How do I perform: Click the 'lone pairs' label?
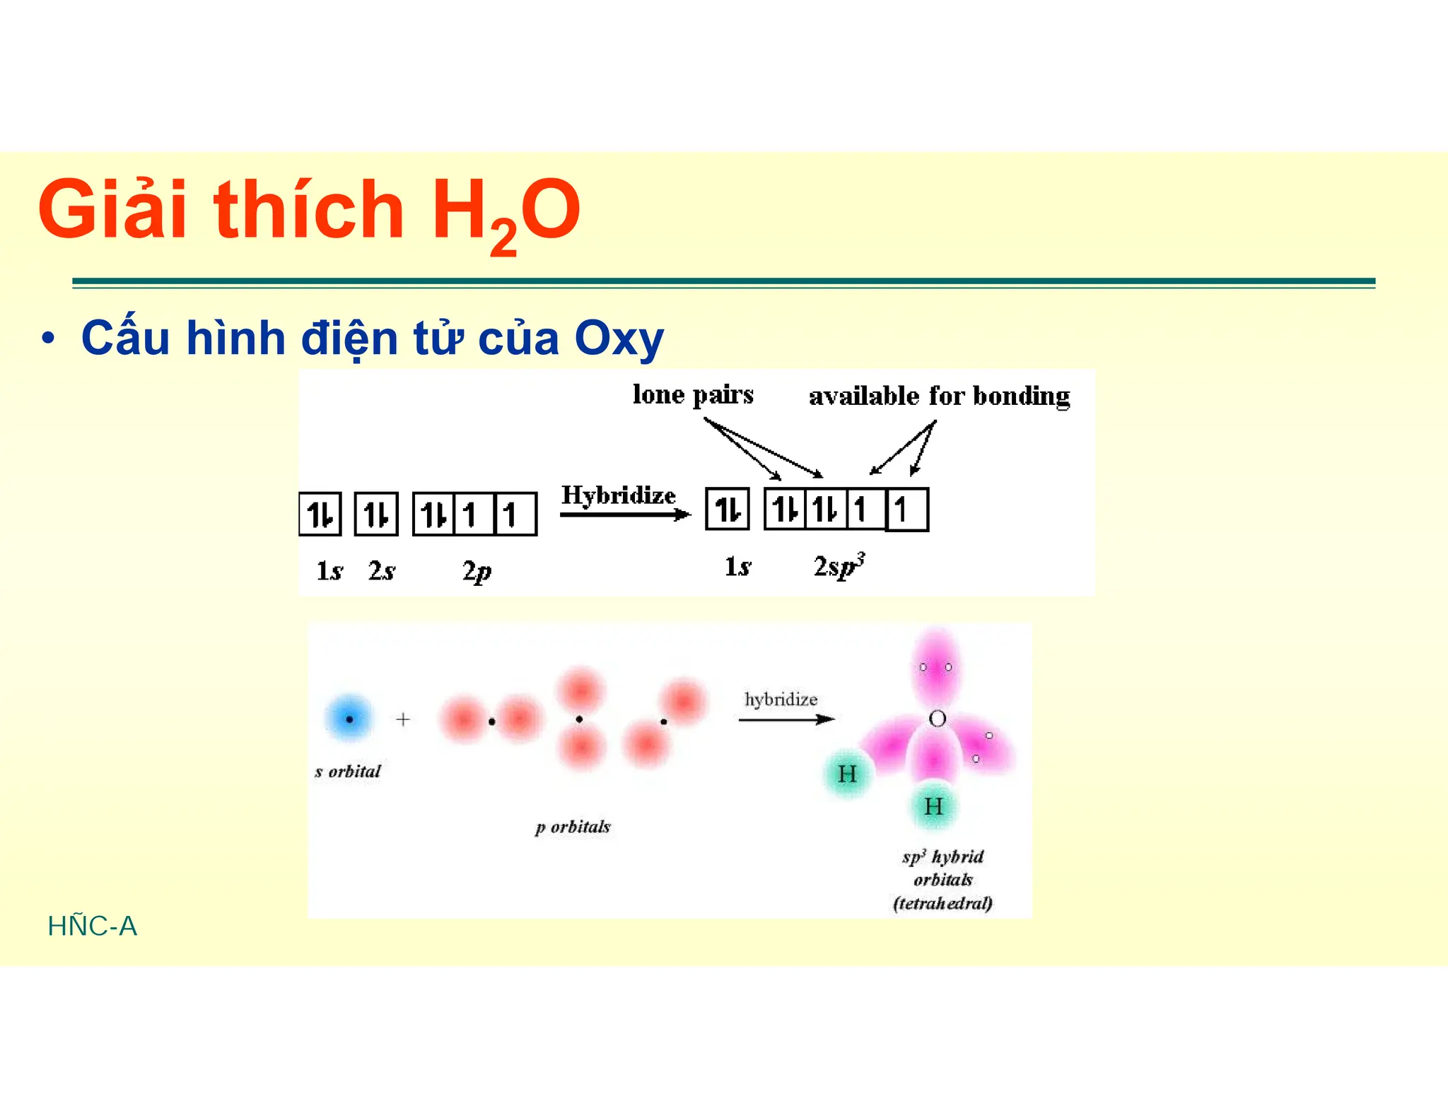coord(692,394)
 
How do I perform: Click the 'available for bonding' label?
coord(939,396)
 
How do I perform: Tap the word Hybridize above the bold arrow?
coord(618,495)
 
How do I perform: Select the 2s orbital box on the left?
coord(376,514)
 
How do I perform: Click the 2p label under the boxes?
coord(477,570)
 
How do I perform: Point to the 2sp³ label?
coord(839,566)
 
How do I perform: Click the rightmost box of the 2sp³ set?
coord(907,509)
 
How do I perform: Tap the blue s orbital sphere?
coord(349,719)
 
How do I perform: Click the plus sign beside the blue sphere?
coord(403,719)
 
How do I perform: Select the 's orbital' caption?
coord(347,771)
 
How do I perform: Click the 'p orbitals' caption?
coord(573,827)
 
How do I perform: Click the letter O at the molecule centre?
coord(938,719)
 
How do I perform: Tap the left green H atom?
coord(847,774)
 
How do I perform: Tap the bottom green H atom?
coord(933,806)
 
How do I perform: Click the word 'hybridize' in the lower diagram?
coord(781,700)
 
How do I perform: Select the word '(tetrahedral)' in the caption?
coord(942,903)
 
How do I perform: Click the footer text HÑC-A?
coord(93,926)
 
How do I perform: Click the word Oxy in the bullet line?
coord(619,339)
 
